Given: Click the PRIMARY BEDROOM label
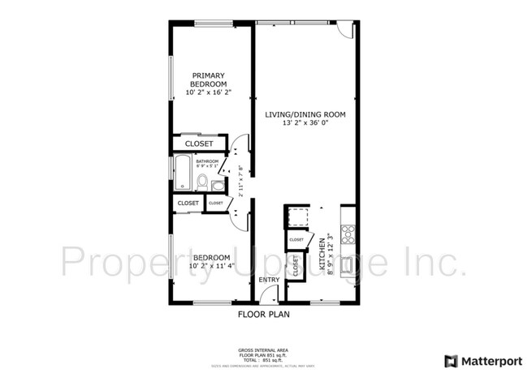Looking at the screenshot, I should (x=207, y=79).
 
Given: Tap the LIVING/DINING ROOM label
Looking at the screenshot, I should (x=305, y=114).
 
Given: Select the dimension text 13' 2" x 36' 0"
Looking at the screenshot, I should (x=305, y=123).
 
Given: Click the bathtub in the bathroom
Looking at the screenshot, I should (x=183, y=172).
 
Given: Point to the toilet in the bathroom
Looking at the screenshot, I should (x=202, y=180).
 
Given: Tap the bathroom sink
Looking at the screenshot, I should (x=218, y=185).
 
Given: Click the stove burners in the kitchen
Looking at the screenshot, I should (x=349, y=234).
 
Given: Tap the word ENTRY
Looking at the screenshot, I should (x=269, y=281).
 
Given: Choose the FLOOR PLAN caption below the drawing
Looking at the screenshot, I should (x=263, y=314).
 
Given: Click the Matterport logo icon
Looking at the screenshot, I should (x=450, y=360).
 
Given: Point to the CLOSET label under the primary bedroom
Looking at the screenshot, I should (x=199, y=144).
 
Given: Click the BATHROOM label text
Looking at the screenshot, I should (x=207, y=161).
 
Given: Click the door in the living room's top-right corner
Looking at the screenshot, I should (x=344, y=30).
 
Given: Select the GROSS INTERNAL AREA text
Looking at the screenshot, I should (x=263, y=350).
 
